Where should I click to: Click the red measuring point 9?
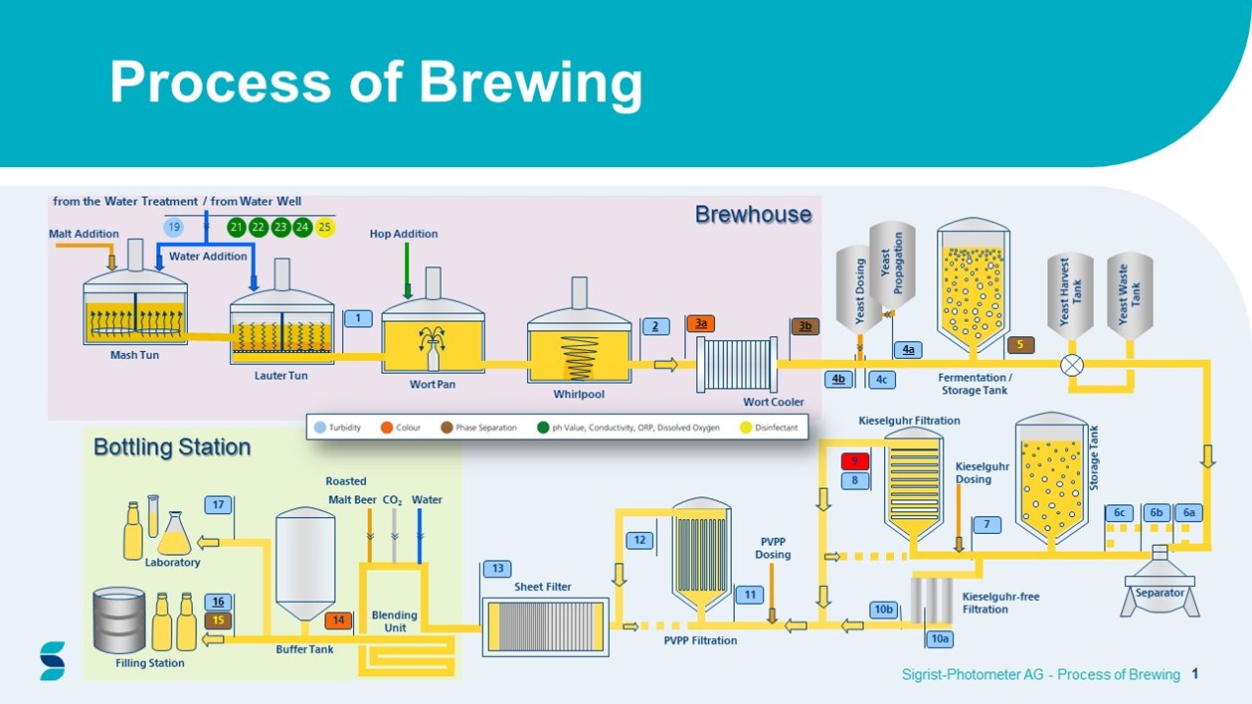(x=855, y=461)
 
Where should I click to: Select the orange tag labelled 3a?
(x=701, y=324)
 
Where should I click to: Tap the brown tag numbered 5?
(x=1020, y=345)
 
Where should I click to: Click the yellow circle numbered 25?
(x=324, y=228)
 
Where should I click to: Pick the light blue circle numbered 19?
(x=174, y=228)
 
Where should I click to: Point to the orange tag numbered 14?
(x=338, y=620)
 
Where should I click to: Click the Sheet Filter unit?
(x=544, y=625)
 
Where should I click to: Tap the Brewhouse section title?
(x=753, y=214)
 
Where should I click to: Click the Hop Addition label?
(x=403, y=234)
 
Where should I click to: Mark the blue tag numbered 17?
(x=219, y=504)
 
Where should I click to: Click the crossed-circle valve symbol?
(x=1072, y=365)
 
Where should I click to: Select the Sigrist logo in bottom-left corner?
(x=53, y=660)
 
